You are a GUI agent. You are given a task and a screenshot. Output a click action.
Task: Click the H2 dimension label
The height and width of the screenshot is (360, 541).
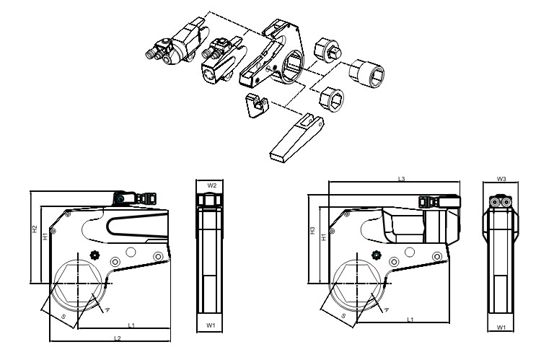click(34, 229)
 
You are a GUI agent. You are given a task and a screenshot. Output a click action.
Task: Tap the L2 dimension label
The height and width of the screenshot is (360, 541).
click(117, 338)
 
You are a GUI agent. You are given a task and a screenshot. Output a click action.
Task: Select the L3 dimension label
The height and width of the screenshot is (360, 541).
click(400, 179)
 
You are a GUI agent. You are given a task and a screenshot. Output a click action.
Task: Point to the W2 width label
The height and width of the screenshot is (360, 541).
click(211, 185)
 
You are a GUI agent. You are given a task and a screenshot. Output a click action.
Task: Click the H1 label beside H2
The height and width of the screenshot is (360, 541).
click(44, 235)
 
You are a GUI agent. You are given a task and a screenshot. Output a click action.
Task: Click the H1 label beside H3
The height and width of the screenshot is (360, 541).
click(323, 236)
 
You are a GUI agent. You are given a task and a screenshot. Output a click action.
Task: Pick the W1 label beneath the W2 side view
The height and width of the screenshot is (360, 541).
click(211, 326)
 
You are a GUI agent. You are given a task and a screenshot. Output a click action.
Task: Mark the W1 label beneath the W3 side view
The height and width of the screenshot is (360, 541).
click(501, 328)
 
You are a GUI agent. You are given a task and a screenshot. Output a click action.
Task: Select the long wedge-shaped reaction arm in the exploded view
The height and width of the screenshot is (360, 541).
click(296, 136)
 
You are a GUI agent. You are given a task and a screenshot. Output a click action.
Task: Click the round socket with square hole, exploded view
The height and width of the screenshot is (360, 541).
click(366, 73)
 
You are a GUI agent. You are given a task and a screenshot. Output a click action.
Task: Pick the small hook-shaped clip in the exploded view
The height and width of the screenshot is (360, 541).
click(255, 105)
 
